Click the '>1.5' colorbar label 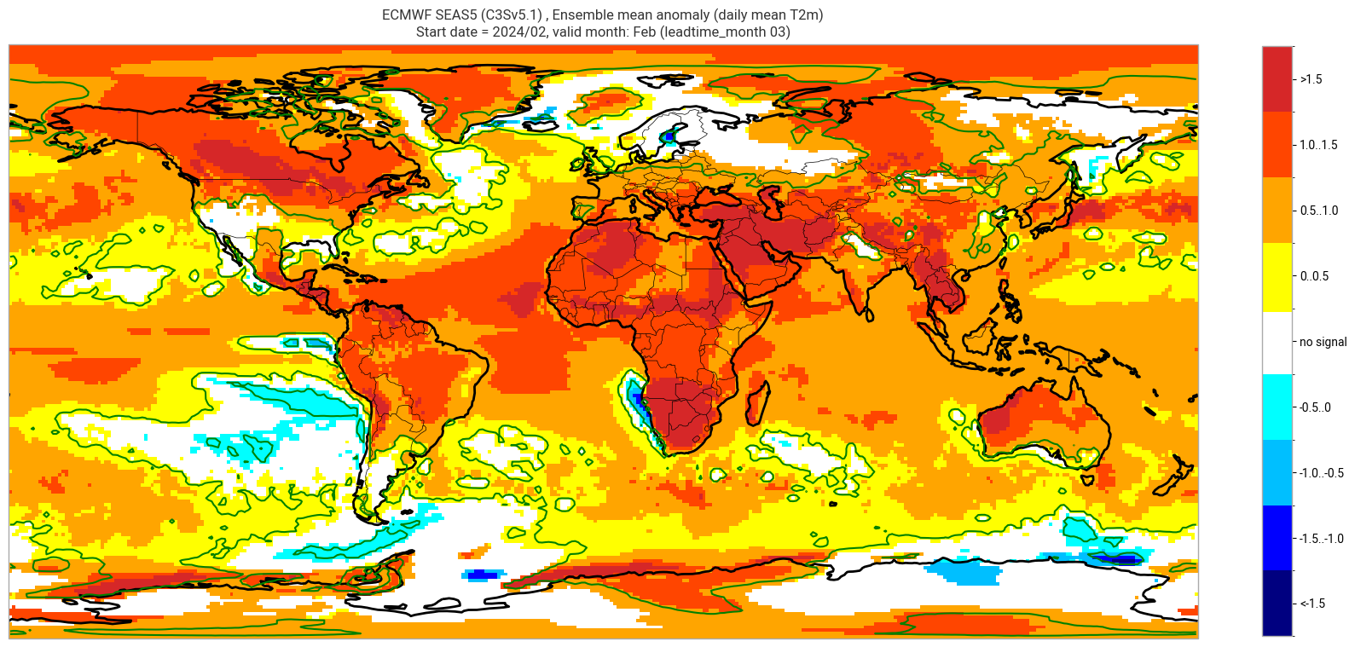pyautogui.click(x=1311, y=79)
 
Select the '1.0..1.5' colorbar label pyautogui.click(x=1317, y=145)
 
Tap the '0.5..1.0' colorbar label pyautogui.click(x=1317, y=211)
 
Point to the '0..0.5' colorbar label pyautogui.click(x=1314, y=276)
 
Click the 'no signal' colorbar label pyautogui.click(x=1323, y=342)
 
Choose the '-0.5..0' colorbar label pyautogui.click(x=1315, y=407)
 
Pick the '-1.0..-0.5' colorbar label pyautogui.click(x=1321, y=473)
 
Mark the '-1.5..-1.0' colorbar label pyautogui.click(x=1321, y=539)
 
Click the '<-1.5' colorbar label pyautogui.click(x=1312, y=604)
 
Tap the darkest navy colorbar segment pyautogui.click(x=1277, y=604)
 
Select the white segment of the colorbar pyautogui.click(x=1277, y=342)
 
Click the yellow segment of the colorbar pyautogui.click(x=1277, y=276)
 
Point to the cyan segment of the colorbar pyautogui.click(x=1277, y=407)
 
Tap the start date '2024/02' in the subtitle pyautogui.click(x=508, y=32)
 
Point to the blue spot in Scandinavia pyautogui.click(x=670, y=136)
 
